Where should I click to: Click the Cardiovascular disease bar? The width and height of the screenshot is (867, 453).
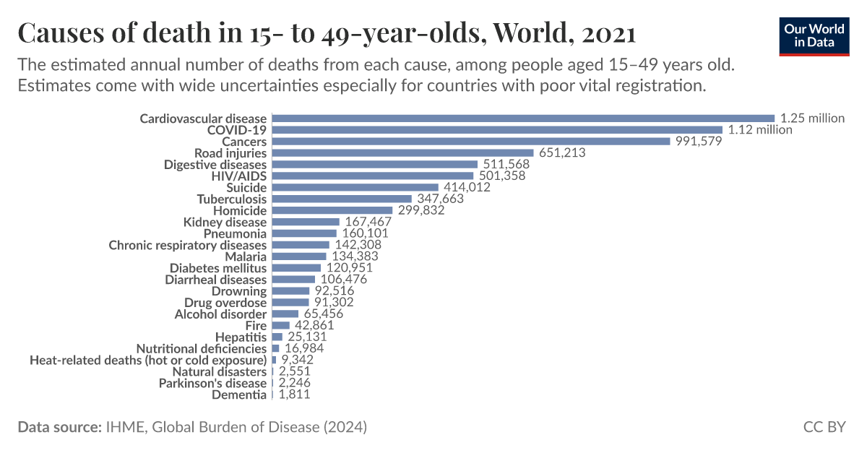(523, 118)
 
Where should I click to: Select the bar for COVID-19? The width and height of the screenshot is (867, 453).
(497, 130)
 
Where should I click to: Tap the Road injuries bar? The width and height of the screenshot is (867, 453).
(402, 153)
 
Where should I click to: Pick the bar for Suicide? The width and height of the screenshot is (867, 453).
(355, 187)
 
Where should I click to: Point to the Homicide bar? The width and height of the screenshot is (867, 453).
(332, 210)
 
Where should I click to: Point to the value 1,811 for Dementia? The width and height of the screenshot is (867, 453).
(294, 394)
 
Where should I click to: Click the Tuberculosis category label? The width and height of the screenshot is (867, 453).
(231, 199)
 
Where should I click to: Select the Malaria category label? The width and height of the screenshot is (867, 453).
(245, 256)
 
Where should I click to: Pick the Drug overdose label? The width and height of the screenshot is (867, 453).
(225, 303)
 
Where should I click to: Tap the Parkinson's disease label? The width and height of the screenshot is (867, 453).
(212, 383)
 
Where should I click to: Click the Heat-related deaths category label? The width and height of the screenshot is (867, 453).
(148, 360)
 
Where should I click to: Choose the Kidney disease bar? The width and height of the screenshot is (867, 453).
(306, 222)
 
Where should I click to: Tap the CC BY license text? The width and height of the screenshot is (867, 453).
(824, 427)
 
